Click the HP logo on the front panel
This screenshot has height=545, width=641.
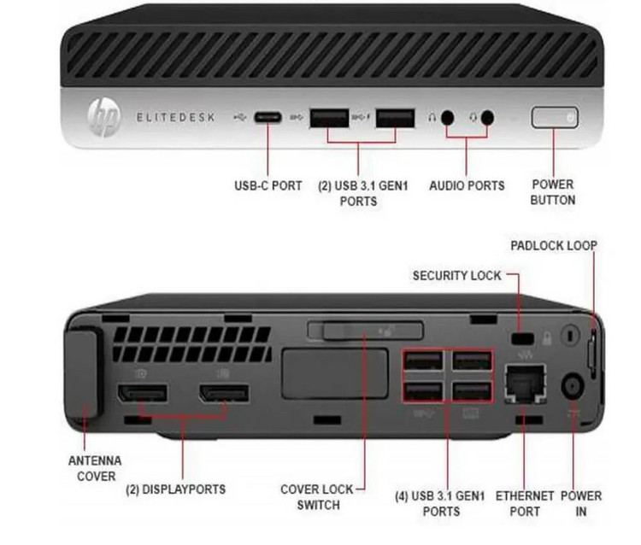click(x=103, y=118)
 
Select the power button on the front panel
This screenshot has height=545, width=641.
click(x=555, y=118)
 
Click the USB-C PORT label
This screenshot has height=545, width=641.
click(x=268, y=185)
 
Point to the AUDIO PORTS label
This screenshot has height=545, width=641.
click(x=467, y=185)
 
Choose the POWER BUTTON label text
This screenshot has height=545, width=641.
click(x=553, y=192)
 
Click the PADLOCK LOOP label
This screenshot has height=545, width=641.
click(x=554, y=246)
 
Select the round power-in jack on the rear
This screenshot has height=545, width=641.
click(x=571, y=386)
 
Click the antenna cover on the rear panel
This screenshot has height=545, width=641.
click(x=84, y=376)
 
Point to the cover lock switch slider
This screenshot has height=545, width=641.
click(x=367, y=331)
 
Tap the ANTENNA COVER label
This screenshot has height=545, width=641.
click(x=95, y=468)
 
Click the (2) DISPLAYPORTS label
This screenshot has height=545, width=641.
click(x=176, y=489)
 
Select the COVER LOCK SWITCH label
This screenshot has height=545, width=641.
click(x=318, y=497)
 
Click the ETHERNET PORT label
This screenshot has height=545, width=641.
click(x=519, y=503)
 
